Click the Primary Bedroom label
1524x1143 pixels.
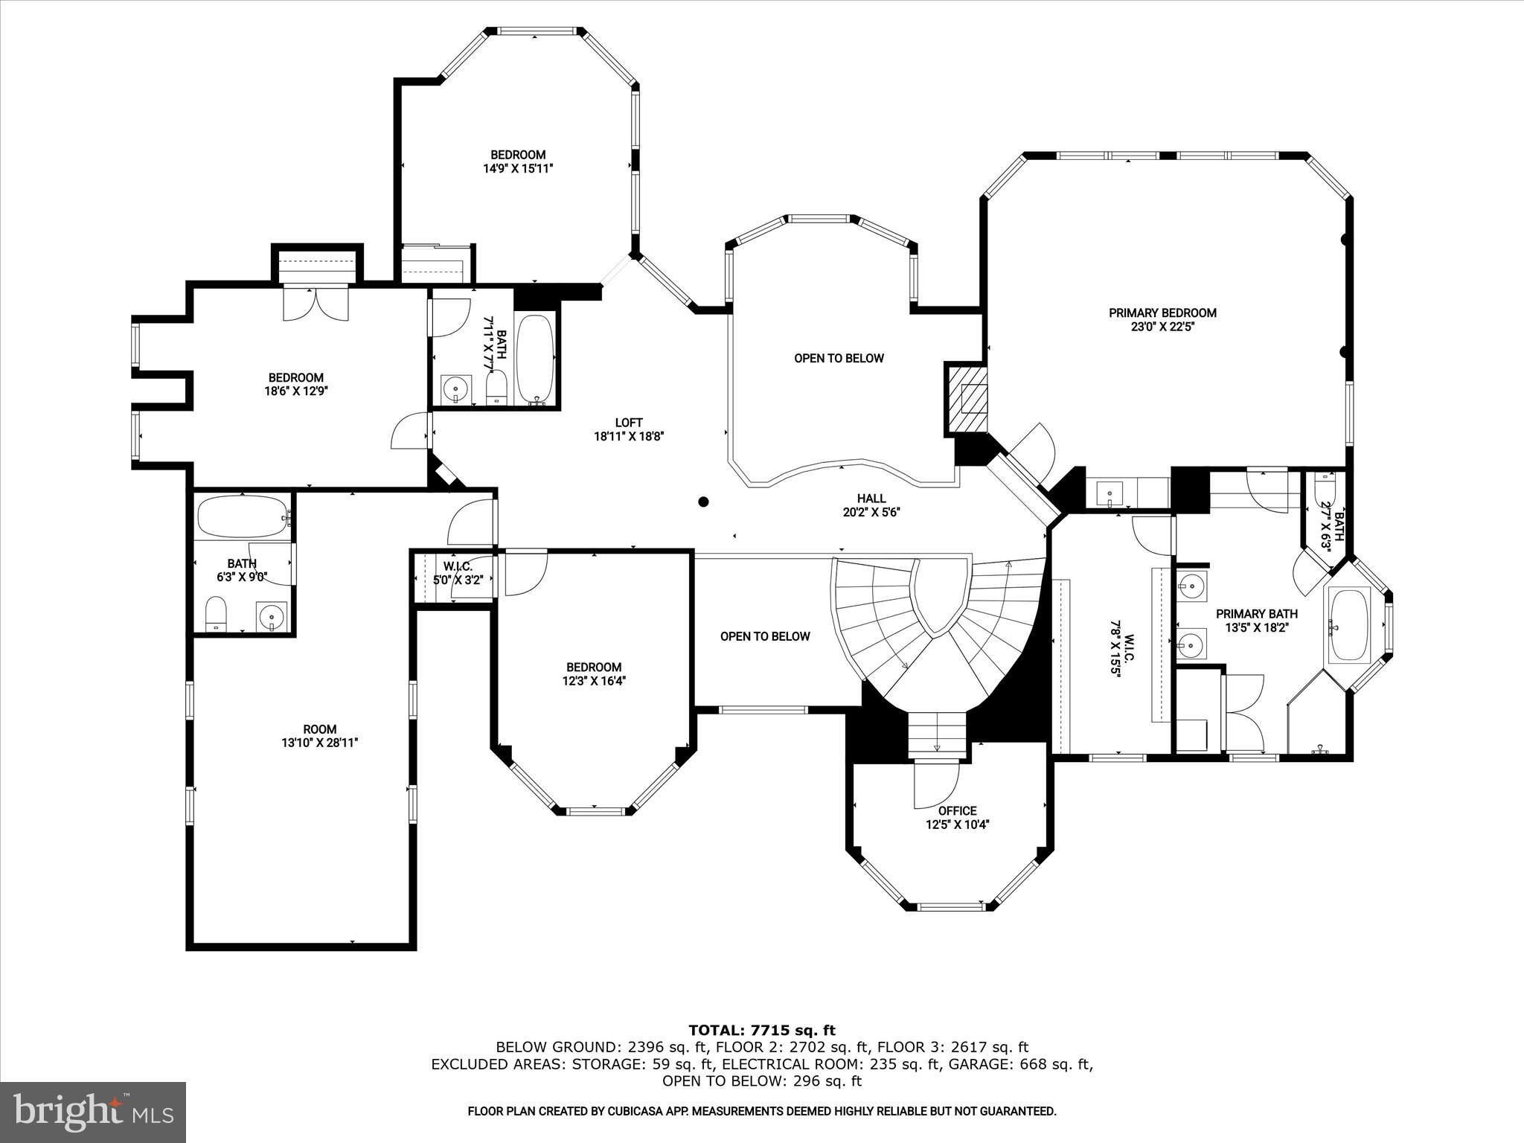tap(1162, 313)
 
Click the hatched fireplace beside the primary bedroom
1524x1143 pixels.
tap(967, 399)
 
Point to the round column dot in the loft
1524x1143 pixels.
tap(702, 502)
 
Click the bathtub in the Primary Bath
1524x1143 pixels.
tap(1348, 625)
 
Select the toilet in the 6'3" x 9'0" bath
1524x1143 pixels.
tap(216, 612)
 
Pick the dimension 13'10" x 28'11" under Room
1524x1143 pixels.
tap(319, 743)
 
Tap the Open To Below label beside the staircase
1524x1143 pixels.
tap(764, 636)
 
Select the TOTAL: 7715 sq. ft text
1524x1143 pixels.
tap(761, 1031)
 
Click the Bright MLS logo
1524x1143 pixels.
tap(93, 1112)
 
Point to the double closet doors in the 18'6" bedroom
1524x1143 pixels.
tap(316, 304)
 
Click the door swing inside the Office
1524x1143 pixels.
tap(936, 786)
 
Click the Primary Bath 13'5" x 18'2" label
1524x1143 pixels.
tap(1256, 621)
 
